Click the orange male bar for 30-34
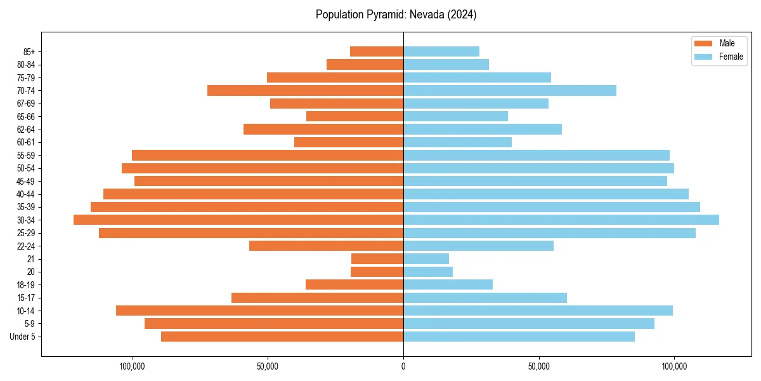click(238, 220)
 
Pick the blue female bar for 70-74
click(510, 90)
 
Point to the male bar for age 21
click(377, 258)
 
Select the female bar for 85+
click(441, 51)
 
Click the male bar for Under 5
click(282, 337)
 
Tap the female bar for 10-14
click(538, 311)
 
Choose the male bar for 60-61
click(349, 142)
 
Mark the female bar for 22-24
click(478, 246)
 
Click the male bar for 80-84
click(365, 64)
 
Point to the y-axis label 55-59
click(26, 155)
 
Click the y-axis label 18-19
click(26, 284)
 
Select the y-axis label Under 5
click(23, 337)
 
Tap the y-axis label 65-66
click(26, 116)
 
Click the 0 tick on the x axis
click(403, 366)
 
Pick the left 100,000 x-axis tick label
click(133, 366)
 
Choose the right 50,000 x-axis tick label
click(538, 366)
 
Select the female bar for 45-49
click(535, 181)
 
